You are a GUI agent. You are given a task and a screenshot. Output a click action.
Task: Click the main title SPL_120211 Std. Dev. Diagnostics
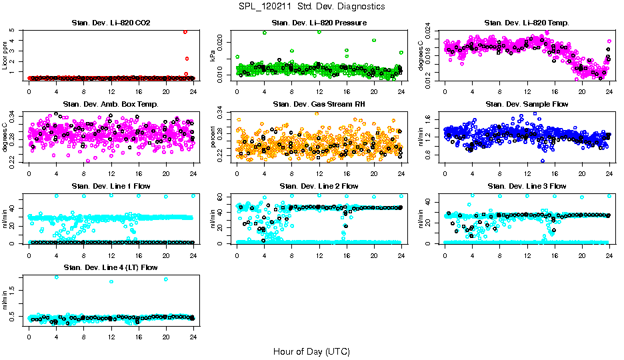coord(311,6)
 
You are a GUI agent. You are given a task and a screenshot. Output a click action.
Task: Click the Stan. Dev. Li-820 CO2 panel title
coord(111,23)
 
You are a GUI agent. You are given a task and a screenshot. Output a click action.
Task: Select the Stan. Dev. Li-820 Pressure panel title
coord(319,23)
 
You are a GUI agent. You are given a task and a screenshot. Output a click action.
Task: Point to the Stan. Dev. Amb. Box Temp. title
coord(111,105)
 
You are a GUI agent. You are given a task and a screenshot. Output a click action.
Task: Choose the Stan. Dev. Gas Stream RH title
coord(319,105)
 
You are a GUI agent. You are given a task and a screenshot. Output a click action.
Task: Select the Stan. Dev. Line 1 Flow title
coord(111,186)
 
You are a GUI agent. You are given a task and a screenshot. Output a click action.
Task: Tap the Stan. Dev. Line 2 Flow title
coord(319,186)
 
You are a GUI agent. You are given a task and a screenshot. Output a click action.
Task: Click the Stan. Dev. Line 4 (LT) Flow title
coord(111,267)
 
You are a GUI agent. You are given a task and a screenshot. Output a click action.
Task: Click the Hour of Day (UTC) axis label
coord(311,351)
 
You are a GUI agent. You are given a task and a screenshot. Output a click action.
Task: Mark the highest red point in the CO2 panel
coord(185,31)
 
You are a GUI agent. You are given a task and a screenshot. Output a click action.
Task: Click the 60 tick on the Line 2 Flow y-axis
coord(223,196)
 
